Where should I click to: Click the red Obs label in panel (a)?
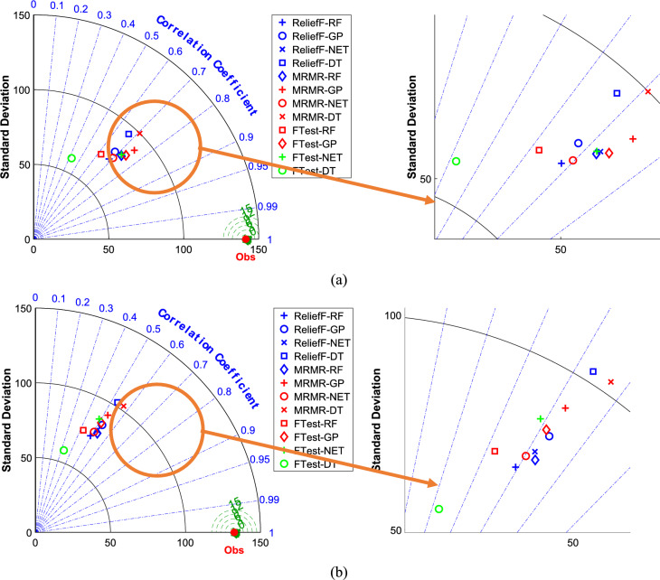coord(247,254)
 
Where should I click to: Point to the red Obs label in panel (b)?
coord(234,549)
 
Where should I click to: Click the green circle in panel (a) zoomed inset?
coord(456,162)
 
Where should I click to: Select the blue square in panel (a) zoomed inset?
coord(617,93)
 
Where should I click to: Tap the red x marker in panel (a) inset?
coord(647,91)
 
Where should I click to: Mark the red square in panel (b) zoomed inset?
coord(495,451)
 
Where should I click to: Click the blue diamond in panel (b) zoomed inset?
coord(535,460)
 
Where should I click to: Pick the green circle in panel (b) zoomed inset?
coord(439,509)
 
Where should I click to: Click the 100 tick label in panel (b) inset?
coord(392,315)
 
